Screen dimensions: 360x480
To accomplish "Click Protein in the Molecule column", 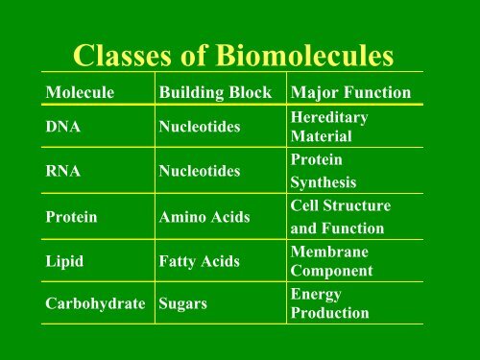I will pyautogui.click(x=72, y=217).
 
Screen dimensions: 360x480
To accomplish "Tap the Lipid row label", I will pyautogui.click(x=65, y=260).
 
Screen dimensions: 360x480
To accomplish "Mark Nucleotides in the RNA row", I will pyautogui.click(x=199, y=171).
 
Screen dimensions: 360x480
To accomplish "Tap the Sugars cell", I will pyautogui.click(x=182, y=304).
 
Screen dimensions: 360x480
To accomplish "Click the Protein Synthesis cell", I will pyautogui.click(x=323, y=171).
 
